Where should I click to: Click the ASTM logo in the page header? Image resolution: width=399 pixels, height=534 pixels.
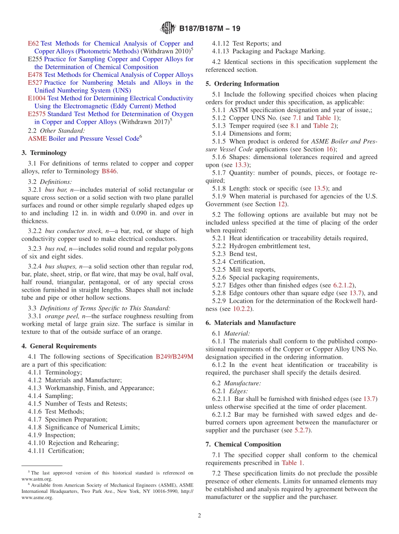pyautogui.click(x=168, y=29)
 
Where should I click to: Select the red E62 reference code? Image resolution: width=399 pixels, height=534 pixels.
pyautogui.click(x=33, y=43)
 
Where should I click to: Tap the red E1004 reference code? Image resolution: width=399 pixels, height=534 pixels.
pyautogui.click(x=37, y=98)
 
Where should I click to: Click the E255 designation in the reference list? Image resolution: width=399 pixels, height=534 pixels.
pyautogui.click(x=35, y=59)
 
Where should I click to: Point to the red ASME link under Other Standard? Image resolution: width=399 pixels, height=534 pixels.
pyautogui.click(x=37, y=139)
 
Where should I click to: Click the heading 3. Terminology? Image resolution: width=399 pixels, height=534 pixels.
pyautogui.click(x=44, y=153)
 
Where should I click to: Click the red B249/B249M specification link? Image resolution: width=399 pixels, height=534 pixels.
pyautogui.click(x=174, y=356)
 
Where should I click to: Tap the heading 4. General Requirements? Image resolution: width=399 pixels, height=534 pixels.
pyautogui.click(x=59, y=346)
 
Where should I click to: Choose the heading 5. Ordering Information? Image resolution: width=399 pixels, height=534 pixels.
pyautogui.click(x=242, y=84)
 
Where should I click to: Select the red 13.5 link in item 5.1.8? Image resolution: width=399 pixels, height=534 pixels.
pyautogui.click(x=320, y=188)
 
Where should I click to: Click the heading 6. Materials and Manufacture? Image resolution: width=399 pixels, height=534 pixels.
pyautogui.click(x=251, y=323)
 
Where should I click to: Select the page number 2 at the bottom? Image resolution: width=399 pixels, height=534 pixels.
pyautogui.click(x=199, y=516)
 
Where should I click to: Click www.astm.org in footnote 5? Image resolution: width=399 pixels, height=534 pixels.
pyautogui.click(x=37, y=479)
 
